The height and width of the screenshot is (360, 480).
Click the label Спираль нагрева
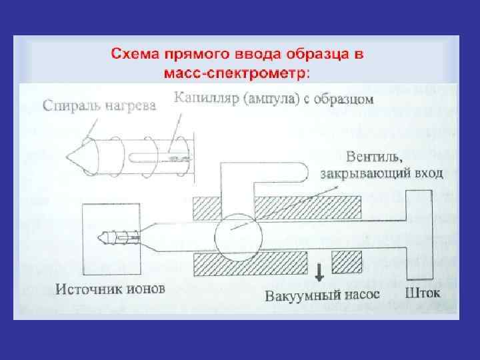click(x=99, y=105)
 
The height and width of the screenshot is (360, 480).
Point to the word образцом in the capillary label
click(x=346, y=100)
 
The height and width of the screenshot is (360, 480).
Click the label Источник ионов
click(x=110, y=290)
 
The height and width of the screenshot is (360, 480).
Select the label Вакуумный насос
click(x=322, y=294)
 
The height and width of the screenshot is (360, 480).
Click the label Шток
click(x=423, y=292)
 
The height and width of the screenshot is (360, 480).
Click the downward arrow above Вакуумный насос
click(x=320, y=271)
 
